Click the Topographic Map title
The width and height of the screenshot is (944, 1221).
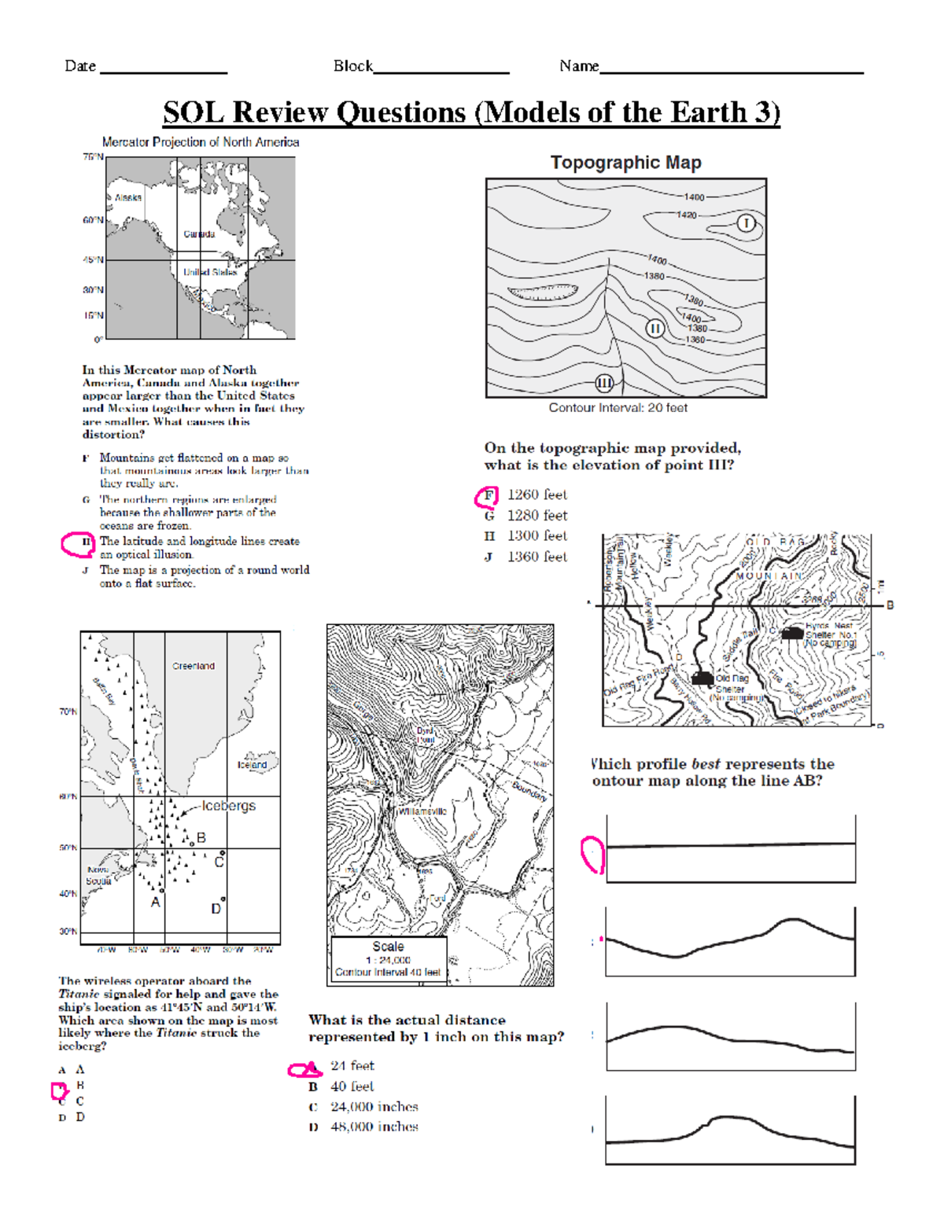(x=625, y=163)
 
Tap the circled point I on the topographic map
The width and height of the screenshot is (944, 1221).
(x=746, y=224)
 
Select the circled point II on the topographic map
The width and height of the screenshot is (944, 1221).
(x=655, y=329)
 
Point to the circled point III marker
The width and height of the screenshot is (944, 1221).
(x=604, y=384)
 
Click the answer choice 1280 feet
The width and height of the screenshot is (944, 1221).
(x=537, y=516)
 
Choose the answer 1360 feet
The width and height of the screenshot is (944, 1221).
(x=537, y=557)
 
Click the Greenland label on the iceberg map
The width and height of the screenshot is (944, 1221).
(x=194, y=666)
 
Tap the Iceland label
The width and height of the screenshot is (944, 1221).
(x=252, y=764)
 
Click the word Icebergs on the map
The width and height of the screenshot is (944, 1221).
(x=228, y=806)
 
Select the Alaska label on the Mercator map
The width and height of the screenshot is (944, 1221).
(x=127, y=198)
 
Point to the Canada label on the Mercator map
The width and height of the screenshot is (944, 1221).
(x=199, y=234)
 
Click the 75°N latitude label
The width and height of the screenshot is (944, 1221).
(x=93, y=157)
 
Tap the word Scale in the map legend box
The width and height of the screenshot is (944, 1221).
(x=388, y=947)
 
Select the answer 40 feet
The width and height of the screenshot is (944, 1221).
(x=352, y=1087)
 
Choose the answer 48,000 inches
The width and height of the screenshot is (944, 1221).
(x=374, y=1127)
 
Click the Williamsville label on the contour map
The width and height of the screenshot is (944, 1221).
(x=422, y=811)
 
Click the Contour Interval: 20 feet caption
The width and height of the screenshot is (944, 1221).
(x=618, y=408)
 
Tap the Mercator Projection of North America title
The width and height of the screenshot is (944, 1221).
(x=201, y=142)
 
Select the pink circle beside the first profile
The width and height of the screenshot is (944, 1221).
(x=592, y=855)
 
